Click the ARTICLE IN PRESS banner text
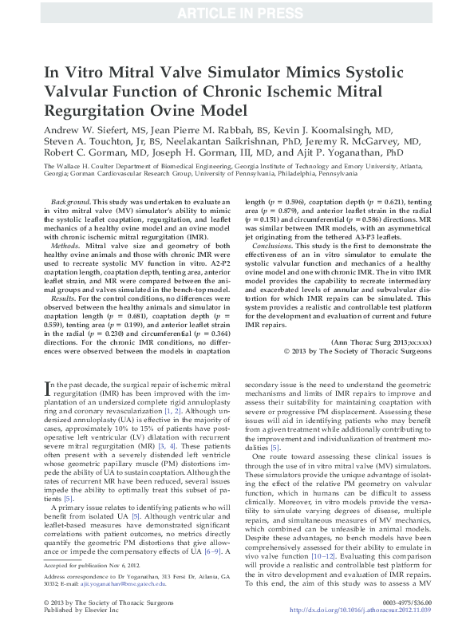point(236,12)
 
